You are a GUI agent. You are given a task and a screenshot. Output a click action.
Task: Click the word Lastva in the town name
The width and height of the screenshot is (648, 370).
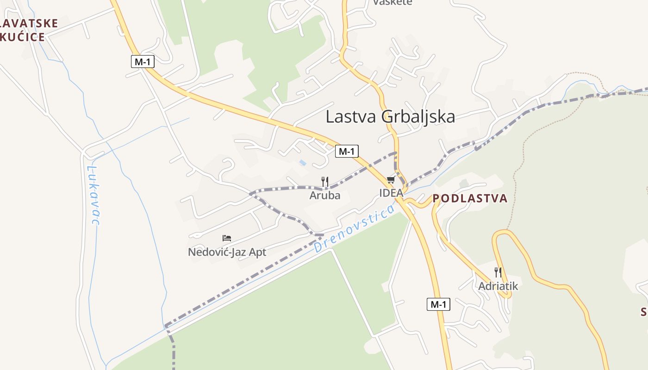[x=352, y=117]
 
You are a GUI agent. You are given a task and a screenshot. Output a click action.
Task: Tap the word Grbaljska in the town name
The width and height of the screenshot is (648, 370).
[x=418, y=117]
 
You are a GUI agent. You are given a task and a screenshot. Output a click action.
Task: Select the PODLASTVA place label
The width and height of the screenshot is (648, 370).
[x=470, y=198]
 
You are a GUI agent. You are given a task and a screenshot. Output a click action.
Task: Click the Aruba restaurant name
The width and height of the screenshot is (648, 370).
[x=325, y=195]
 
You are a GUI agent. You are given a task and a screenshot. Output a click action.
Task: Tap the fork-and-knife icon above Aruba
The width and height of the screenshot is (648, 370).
[x=325, y=182]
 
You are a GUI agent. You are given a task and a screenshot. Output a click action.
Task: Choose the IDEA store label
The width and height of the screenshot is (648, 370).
[x=391, y=193]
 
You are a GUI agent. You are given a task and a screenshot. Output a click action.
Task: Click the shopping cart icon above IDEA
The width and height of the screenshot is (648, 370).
[x=391, y=180]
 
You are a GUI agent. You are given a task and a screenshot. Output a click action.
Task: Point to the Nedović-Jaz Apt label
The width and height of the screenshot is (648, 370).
[x=227, y=252]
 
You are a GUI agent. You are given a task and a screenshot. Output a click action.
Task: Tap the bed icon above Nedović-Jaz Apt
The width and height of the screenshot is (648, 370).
[x=227, y=238]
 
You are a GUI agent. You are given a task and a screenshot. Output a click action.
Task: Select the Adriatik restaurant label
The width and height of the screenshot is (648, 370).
[x=498, y=286]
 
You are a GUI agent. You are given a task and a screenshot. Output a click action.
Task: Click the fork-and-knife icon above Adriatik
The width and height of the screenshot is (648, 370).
[x=498, y=272]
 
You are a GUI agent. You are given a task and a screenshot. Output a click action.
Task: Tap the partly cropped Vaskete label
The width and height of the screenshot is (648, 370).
[x=393, y=3]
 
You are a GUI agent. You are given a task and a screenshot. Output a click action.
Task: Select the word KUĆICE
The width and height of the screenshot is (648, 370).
[x=23, y=37]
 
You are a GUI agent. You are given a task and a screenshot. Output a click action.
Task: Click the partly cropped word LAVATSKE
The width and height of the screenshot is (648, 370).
[x=30, y=23]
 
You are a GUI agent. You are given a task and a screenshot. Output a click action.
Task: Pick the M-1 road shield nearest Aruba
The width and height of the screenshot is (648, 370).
[x=347, y=151]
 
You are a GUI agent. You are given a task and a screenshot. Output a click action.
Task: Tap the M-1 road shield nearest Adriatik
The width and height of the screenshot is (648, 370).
[x=438, y=304]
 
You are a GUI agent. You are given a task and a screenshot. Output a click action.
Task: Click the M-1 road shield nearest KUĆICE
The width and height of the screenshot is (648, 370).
[x=142, y=62]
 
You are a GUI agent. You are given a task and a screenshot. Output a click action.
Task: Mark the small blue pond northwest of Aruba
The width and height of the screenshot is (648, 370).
[x=303, y=163]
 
